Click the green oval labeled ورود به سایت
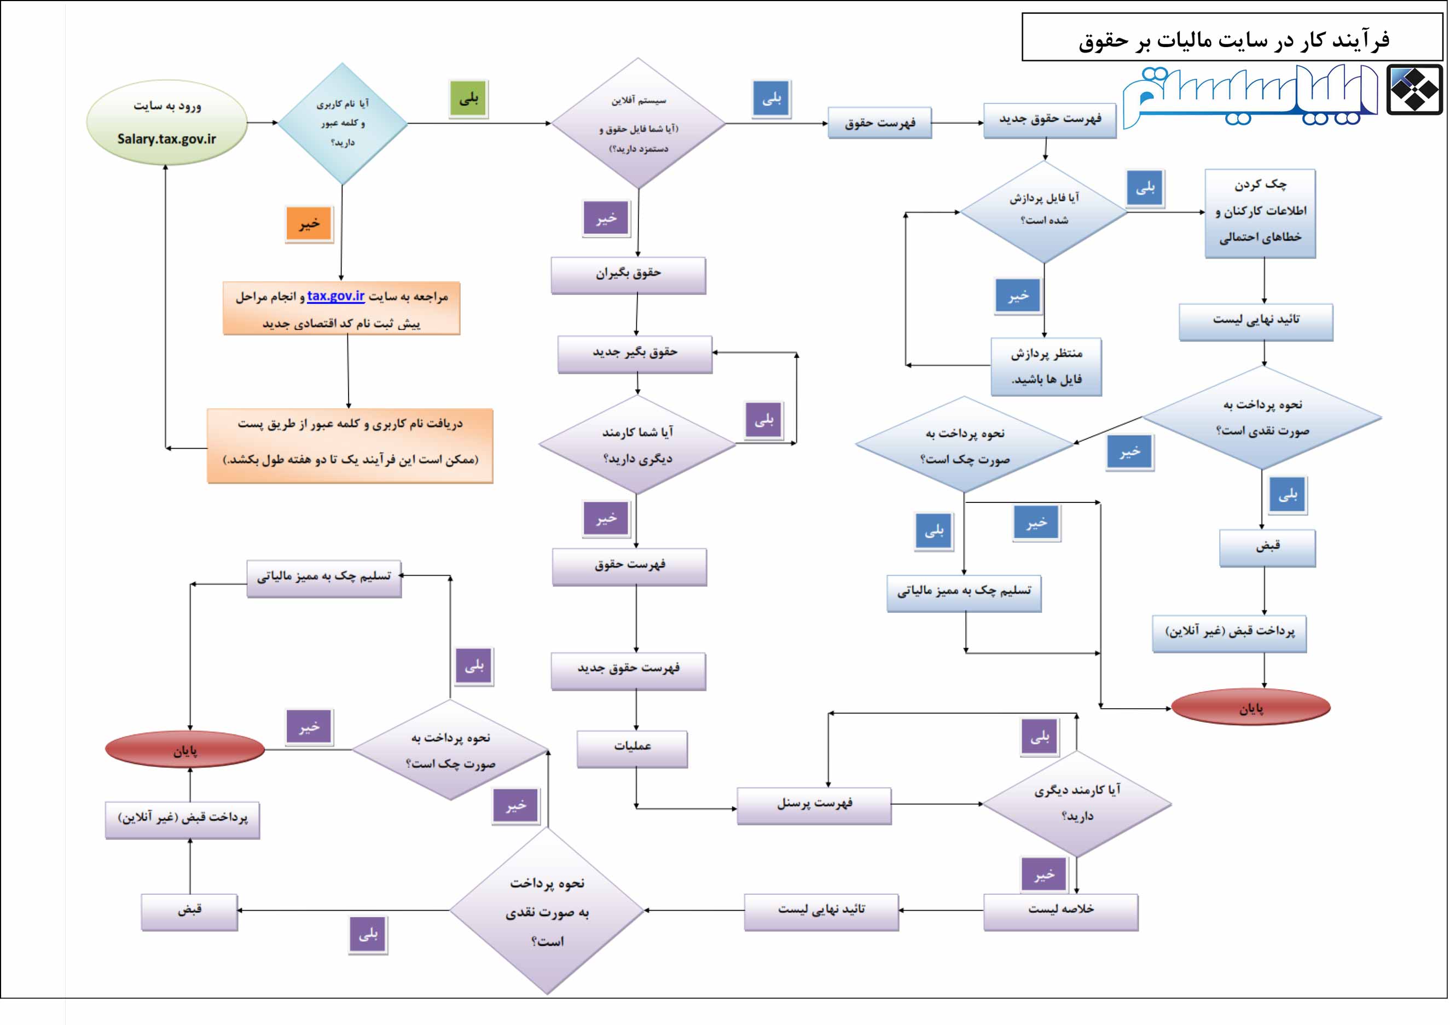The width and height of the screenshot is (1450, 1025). [166, 122]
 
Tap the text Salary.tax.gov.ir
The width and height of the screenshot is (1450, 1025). [166, 139]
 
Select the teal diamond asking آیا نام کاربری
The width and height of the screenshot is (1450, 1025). [343, 123]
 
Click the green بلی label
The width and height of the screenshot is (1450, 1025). [468, 99]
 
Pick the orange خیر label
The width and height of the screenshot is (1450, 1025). [309, 224]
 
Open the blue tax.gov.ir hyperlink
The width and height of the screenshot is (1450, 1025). [335, 296]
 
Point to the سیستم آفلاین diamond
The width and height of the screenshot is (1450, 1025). [638, 124]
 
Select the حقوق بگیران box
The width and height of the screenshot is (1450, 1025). [628, 274]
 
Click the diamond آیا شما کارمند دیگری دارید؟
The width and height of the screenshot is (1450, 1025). [637, 444]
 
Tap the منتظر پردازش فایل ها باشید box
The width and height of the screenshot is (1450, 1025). [1046, 366]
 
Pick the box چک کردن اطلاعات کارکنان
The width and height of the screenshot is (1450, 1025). [1260, 212]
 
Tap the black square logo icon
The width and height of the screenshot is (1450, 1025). [1414, 90]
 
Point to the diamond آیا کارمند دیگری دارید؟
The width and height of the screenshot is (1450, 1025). [1077, 803]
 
